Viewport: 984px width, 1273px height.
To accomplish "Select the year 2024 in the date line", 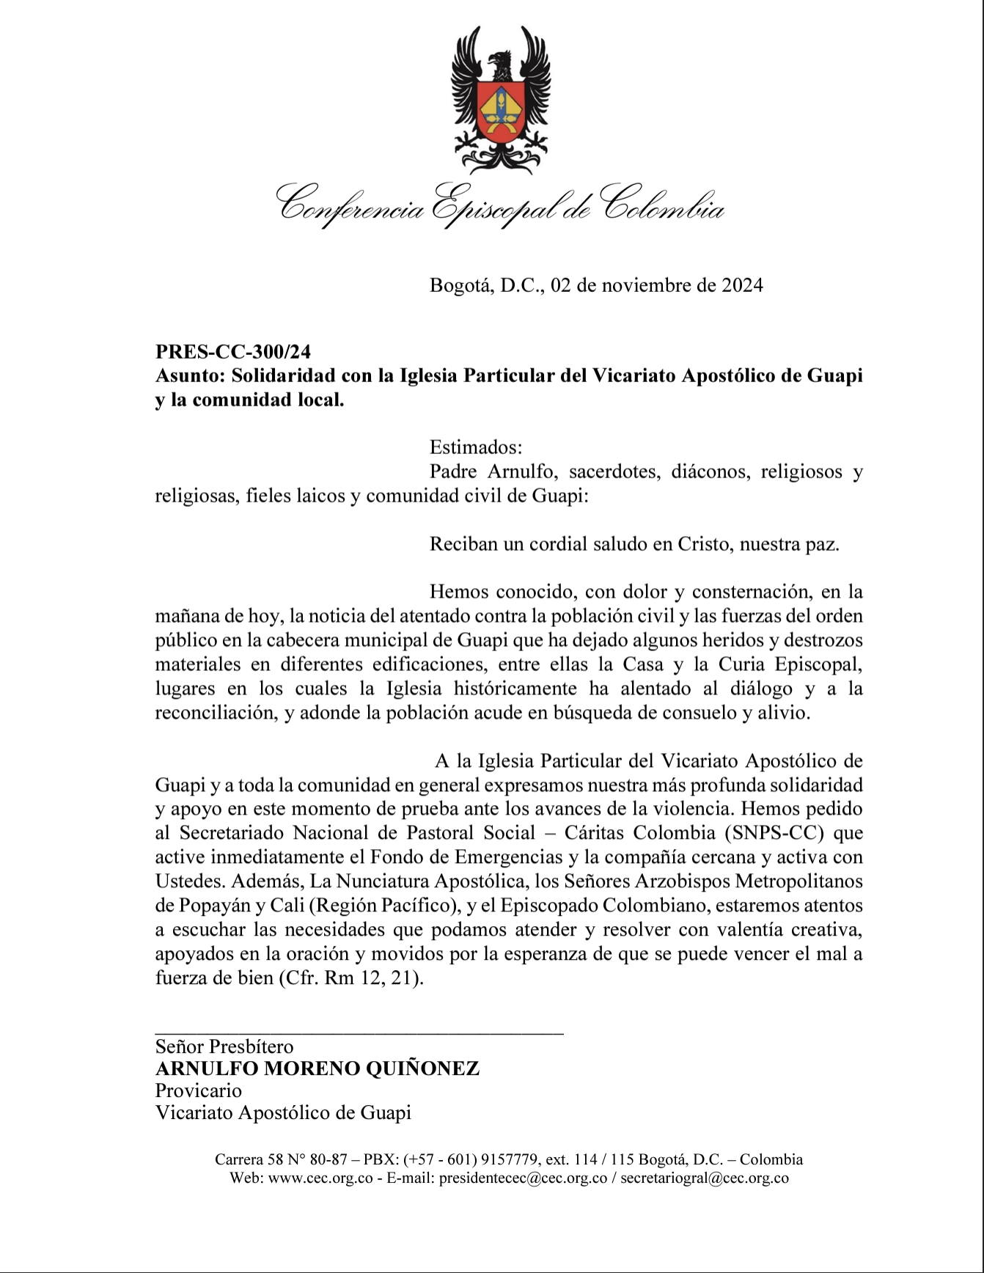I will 742,285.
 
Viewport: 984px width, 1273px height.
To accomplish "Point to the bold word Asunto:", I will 190,376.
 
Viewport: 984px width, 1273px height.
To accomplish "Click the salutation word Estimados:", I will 476,447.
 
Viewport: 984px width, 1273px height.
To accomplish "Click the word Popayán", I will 204,905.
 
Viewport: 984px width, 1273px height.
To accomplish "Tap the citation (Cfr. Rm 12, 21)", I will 351,978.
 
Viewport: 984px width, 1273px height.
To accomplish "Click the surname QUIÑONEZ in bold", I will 422,1068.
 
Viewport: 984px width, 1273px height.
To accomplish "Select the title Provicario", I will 198,1090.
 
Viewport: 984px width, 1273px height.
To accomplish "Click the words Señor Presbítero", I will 224,1046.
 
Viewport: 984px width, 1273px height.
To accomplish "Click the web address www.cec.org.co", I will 320,1178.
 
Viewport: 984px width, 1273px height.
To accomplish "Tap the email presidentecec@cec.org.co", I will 523,1178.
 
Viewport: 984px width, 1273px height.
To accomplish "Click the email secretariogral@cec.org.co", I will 704,1178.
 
